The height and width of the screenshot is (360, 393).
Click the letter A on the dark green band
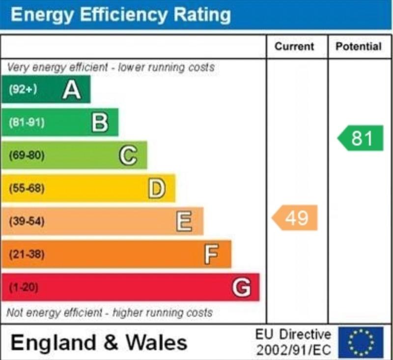tap(72, 90)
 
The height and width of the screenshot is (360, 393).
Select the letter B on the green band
tap(100, 122)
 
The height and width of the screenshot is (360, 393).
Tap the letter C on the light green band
tap(128, 155)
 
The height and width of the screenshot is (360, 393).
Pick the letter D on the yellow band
tap(156, 188)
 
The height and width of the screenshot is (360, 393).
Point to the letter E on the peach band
tap(184, 221)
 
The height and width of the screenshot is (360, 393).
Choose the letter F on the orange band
tap(211, 254)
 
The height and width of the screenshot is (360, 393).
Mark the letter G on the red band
tap(241, 287)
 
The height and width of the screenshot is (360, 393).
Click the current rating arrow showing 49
tap(296, 218)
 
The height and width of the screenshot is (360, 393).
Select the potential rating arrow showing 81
tap(361, 138)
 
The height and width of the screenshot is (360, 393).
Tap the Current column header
tap(294, 47)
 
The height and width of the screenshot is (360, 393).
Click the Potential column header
tap(359, 47)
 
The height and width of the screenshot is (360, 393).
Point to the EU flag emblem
tap(360, 342)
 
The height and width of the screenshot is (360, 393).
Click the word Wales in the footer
tap(156, 342)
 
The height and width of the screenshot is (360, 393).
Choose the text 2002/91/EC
tap(293, 351)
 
